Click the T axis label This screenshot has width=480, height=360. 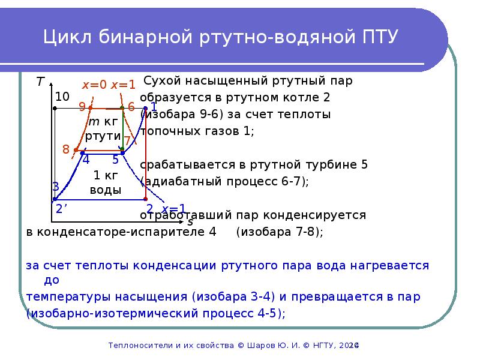pyautogui.click(x=40, y=82)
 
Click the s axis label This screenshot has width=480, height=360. pyautogui.click(x=190, y=221)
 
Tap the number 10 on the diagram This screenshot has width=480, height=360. pyautogui.click(x=62, y=97)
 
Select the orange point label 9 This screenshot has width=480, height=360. pyautogui.click(x=82, y=107)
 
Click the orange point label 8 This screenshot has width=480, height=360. pyautogui.click(x=66, y=149)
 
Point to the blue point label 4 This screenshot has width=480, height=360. pyautogui.click(x=86, y=160)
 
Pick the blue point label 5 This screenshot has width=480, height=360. pyautogui.click(x=115, y=160)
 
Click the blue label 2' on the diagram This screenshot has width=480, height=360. pyautogui.click(x=61, y=209)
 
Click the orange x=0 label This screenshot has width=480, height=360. pyautogui.click(x=94, y=85)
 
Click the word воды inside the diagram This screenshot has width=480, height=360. pyautogui.click(x=106, y=190)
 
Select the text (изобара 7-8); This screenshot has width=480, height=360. pyautogui.click(x=280, y=232)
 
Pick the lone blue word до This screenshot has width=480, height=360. pyautogui.click(x=52, y=280)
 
